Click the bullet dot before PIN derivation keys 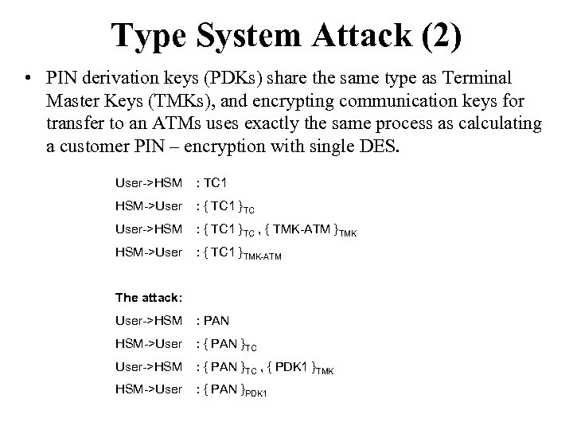[x=28, y=80]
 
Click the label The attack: [x=150, y=298]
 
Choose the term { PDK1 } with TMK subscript [x=302, y=369]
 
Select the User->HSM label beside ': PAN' [x=149, y=320]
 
